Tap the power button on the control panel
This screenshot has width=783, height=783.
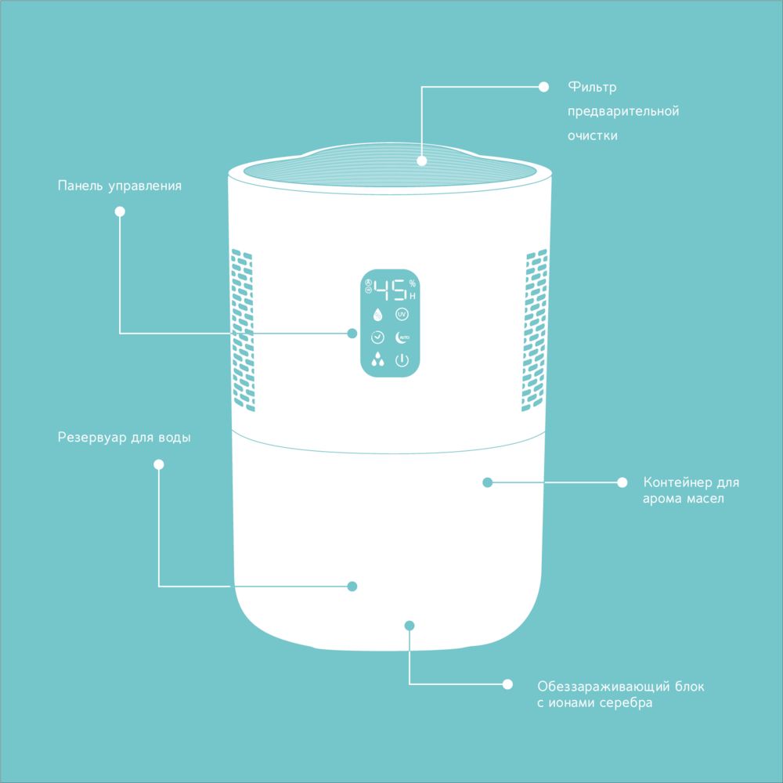point(402,360)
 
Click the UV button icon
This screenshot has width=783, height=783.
point(402,314)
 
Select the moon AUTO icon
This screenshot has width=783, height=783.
point(402,337)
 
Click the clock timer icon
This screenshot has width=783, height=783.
point(377,337)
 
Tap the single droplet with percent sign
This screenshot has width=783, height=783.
point(377,315)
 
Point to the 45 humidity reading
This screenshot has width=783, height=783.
point(390,290)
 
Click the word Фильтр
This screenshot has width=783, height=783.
point(592,87)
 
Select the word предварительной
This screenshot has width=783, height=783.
point(623,111)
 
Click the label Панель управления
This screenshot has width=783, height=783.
point(119,186)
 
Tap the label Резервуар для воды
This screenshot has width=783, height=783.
point(124,438)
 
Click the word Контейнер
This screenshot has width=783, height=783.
point(677,482)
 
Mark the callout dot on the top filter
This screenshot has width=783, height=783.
point(421,161)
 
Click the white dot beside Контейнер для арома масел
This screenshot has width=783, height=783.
point(622,482)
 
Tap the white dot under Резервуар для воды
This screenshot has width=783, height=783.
point(159,465)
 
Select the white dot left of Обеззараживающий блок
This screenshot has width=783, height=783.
point(507,684)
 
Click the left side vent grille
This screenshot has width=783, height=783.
point(243,330)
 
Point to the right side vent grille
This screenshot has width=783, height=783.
point(535,330)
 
